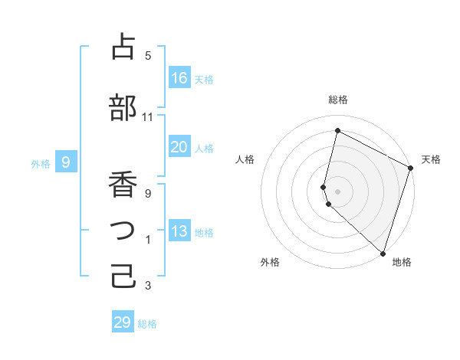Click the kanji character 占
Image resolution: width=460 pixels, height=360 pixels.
123,47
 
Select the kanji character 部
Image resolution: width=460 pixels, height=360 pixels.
123,108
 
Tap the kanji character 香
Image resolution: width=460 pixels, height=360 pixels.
123,185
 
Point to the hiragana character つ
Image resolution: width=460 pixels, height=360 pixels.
123,231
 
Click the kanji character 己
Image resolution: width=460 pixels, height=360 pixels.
123,277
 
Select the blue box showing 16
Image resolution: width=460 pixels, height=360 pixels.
179,78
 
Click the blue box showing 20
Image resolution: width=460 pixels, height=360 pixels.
179,147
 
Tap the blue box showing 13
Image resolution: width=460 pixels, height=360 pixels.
179,231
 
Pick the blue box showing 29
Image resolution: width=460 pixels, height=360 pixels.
123,322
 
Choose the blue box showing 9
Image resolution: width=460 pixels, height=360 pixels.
66,162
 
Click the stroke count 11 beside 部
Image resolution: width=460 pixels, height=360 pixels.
148,117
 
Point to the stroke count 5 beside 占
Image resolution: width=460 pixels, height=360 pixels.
148,56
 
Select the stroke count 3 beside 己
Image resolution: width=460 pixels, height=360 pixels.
148,286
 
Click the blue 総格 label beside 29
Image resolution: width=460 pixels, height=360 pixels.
147,324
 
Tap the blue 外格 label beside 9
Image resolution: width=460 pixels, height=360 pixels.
41,163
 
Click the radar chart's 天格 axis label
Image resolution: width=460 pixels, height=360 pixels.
431,159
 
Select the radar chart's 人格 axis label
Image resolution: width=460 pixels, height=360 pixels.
245,159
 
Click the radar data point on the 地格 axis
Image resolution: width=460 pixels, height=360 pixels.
383,253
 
